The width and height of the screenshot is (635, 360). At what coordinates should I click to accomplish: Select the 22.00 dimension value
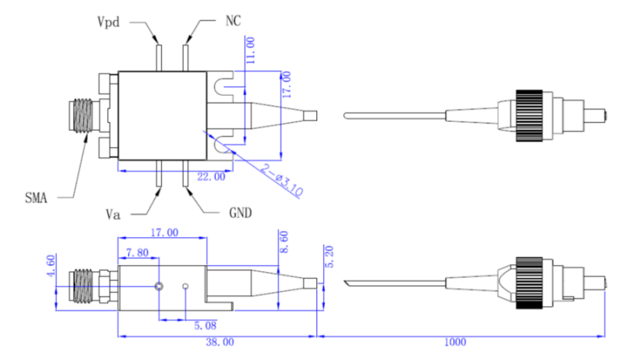(210, 177)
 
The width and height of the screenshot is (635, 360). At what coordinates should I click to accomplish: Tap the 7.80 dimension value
(137, 252)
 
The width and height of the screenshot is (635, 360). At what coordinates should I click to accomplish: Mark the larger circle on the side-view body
(159, 286)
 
